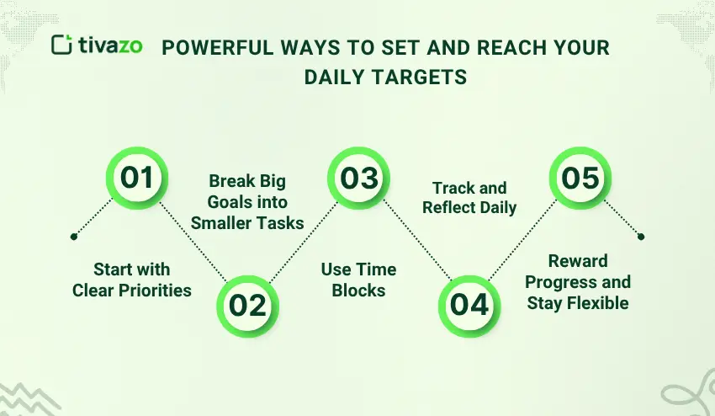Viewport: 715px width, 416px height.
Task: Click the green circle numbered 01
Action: pos(137,178)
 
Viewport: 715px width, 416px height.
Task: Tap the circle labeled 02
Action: pos(247,306)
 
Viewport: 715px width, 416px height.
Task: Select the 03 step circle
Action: pos(359,178)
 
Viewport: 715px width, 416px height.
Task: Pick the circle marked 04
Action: pos(469,306)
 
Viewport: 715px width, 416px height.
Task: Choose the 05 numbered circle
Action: pos(580,178)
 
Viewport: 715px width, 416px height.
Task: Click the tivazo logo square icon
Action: pos(61,45)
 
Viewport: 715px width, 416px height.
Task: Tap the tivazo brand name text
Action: pos(110,45)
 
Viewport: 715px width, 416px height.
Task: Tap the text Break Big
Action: pos(247,181)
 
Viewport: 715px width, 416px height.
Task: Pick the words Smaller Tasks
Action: pos(247,223)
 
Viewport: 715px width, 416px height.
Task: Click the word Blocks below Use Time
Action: pos(358,291)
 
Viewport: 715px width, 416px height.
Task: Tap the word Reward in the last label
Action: pos(578,261)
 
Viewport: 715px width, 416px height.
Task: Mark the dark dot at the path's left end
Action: pos(74,237)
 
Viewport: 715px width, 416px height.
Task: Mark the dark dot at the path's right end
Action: pos(641,237)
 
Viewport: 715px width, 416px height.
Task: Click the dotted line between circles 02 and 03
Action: pos(304,242)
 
